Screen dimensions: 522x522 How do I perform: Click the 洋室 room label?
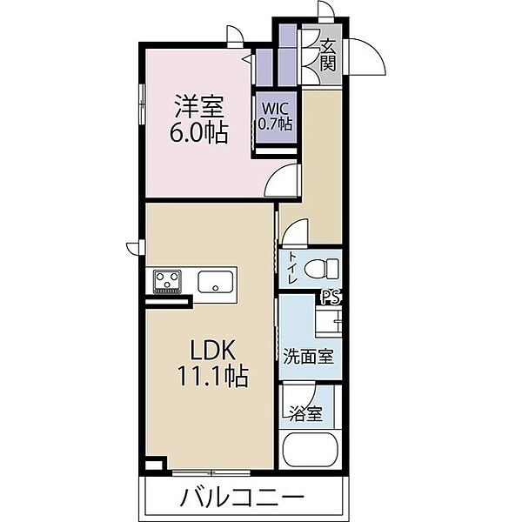point(198,106)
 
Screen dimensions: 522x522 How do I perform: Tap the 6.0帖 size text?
point(198,133)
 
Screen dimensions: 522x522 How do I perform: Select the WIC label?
point(275,109)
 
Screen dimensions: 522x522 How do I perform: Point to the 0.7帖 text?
point(276,124)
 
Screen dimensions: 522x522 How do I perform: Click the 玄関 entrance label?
point(328,55)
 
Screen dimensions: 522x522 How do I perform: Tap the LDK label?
point(213,349)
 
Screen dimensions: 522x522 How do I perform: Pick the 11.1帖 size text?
point(213,376)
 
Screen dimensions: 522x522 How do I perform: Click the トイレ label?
point(292,268)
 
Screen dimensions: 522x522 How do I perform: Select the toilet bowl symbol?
point(322,269)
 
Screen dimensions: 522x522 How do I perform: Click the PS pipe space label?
point(331,298)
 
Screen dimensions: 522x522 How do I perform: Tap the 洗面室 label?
point(308,357)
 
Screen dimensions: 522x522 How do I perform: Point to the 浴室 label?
point(305,414)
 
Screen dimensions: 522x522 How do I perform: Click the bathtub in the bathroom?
point(311,450)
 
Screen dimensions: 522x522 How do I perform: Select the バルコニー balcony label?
point(242,498)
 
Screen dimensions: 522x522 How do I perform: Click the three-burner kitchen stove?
point(167,281)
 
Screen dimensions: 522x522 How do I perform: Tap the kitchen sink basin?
point(216,282)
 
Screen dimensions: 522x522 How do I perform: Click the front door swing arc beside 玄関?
point(372,50)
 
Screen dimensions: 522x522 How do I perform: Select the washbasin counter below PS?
point(328,321)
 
